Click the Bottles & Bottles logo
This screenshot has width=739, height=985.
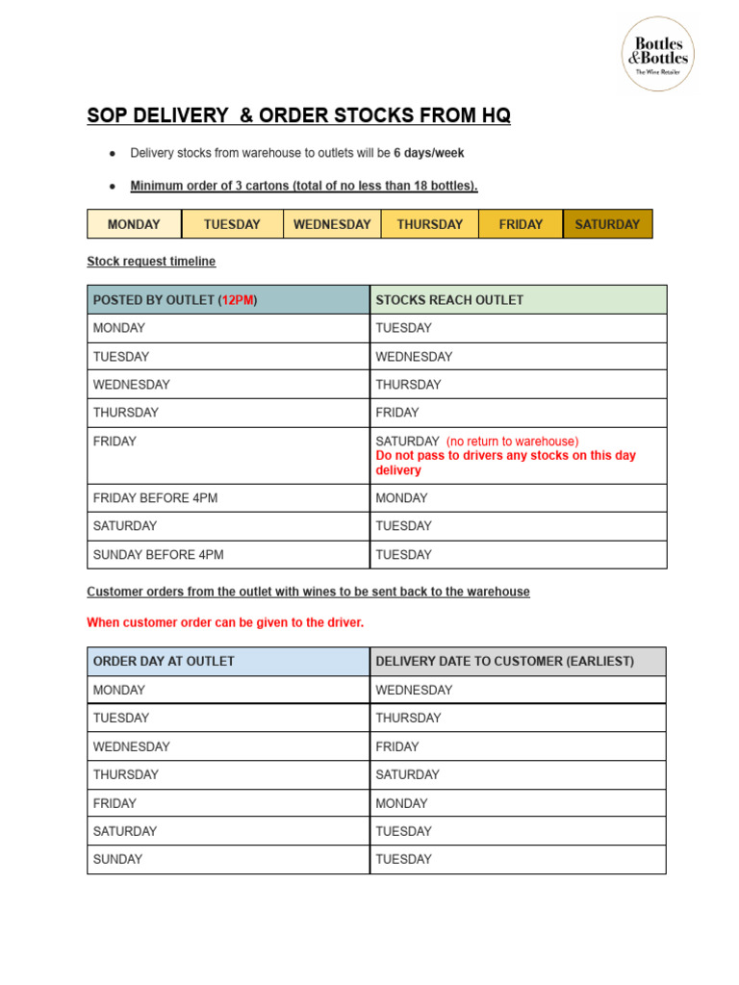[x=659, y=54]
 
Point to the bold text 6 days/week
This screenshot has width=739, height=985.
[x=429, y=153]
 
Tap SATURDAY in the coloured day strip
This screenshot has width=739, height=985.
[x=607, y=224]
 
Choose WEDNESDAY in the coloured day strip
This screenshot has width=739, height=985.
[x=332, y=224]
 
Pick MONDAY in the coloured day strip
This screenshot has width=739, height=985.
[x=134, y=224]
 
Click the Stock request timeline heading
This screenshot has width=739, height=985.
[x=151, y=261]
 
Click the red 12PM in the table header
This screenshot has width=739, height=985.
[x=238, y=300]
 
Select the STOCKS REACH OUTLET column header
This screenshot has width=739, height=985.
[x=449, y=300]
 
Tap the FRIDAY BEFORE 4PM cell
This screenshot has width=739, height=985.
[x=155, y=498]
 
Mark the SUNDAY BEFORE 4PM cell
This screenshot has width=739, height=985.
[x=158, y=555]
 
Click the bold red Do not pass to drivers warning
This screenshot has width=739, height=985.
[x=505, y=463]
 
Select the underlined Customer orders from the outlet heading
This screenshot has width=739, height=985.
[x=308, y=592]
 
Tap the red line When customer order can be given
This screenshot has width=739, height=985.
[x=225, y=622]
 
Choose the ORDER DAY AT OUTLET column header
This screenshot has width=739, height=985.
[x=164, y=662]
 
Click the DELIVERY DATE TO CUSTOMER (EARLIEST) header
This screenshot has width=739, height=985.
[x=504, y=662]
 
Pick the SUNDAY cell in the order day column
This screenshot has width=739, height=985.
[x=117, y=859]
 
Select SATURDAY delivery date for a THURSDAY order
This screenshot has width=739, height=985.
[x=407, y=774]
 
